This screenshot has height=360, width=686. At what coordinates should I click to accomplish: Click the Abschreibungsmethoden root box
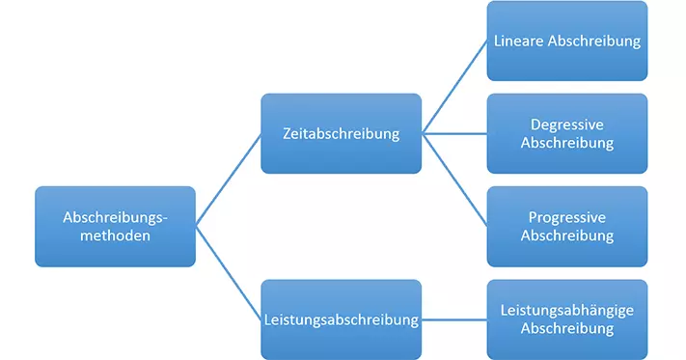point(115,226)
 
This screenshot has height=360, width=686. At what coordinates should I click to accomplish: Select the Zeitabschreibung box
point(341,133)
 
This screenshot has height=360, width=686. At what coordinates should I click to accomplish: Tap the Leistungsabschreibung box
point(341,318)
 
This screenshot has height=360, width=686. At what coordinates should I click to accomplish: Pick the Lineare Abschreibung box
point(566,41)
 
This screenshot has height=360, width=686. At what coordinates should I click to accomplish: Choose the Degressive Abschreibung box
point(566,133)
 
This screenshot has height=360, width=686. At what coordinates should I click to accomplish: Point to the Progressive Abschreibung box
point(566,226)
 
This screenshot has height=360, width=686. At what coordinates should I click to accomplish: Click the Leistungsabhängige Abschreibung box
point(566,318)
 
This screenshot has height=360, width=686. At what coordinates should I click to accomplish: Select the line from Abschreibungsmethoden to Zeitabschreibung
point(229,180)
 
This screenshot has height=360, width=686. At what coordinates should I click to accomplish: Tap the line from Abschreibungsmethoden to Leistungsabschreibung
point(229,272)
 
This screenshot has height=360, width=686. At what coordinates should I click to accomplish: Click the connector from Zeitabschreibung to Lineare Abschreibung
point(454,87)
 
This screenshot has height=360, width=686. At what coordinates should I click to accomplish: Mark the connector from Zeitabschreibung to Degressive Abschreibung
point(454,133)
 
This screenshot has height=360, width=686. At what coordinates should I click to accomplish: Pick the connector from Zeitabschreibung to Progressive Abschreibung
point(454,180)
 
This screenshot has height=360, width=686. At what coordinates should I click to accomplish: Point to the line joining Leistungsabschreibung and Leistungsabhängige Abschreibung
point(454,318)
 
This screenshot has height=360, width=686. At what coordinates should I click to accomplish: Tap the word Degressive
point(566,125)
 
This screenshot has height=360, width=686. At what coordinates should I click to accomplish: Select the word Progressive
point(566,217)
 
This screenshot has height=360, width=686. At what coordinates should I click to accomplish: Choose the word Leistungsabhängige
point(566,310)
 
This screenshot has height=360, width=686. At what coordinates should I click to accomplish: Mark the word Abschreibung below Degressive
point(566,143)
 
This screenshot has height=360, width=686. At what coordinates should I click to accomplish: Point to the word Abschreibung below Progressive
point(566,235)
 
